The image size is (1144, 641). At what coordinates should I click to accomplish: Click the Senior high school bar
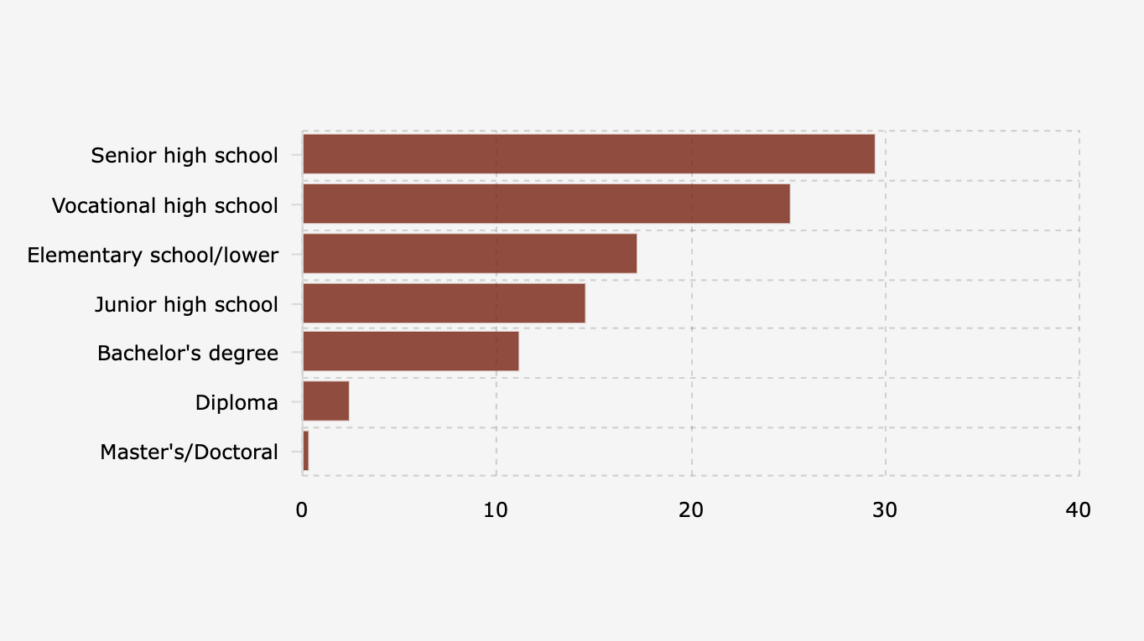click(588, 154)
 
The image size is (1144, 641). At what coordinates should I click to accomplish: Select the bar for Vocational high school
click(546, 204)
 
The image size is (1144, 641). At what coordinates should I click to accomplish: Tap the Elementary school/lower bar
click(469, 254)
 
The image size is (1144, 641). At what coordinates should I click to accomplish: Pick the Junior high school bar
click(444, 303)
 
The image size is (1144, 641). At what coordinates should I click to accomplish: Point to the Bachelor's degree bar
click(410, 352)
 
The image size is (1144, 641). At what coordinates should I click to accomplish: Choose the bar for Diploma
click(325, 402)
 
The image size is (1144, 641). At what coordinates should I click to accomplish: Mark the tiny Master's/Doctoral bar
click(305, 452)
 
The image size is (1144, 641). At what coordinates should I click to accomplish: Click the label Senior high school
click(185, 156)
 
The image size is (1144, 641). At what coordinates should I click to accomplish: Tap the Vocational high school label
click(165, 205)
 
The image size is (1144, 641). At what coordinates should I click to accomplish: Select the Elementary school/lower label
click(153, 255)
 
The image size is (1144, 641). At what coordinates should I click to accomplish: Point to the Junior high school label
click(186, 304)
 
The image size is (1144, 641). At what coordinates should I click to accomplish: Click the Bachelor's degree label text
click(188, 354)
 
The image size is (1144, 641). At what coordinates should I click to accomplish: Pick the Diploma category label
click(237, 403)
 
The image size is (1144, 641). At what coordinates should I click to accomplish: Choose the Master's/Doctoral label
click(189, 452)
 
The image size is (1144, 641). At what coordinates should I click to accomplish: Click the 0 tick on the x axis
click(302, 509)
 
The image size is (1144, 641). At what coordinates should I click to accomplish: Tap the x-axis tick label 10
click(496, 509)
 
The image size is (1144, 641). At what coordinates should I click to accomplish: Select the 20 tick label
click(690, 509)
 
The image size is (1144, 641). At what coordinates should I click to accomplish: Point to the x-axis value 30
click(884, 509)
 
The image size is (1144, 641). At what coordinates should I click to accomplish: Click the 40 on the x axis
click(1078, 509)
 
